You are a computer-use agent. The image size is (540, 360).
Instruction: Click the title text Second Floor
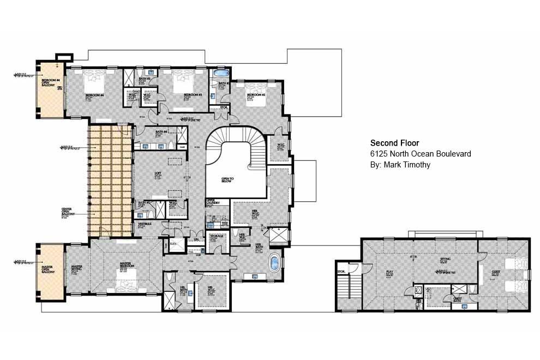click(x=394, y=143)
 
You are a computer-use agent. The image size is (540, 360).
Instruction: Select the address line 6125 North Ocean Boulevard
click(x=420, y=154)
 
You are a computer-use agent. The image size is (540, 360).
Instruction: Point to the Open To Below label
click(x=227, y=180)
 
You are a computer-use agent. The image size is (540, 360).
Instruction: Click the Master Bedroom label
click(x=126, y=266)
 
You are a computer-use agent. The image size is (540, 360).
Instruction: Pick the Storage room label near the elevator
click(x=218, y=237)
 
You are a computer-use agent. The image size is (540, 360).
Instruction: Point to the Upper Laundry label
click(x=213, y=202)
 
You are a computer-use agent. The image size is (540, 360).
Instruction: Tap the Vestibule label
click(x=145, y=224)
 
